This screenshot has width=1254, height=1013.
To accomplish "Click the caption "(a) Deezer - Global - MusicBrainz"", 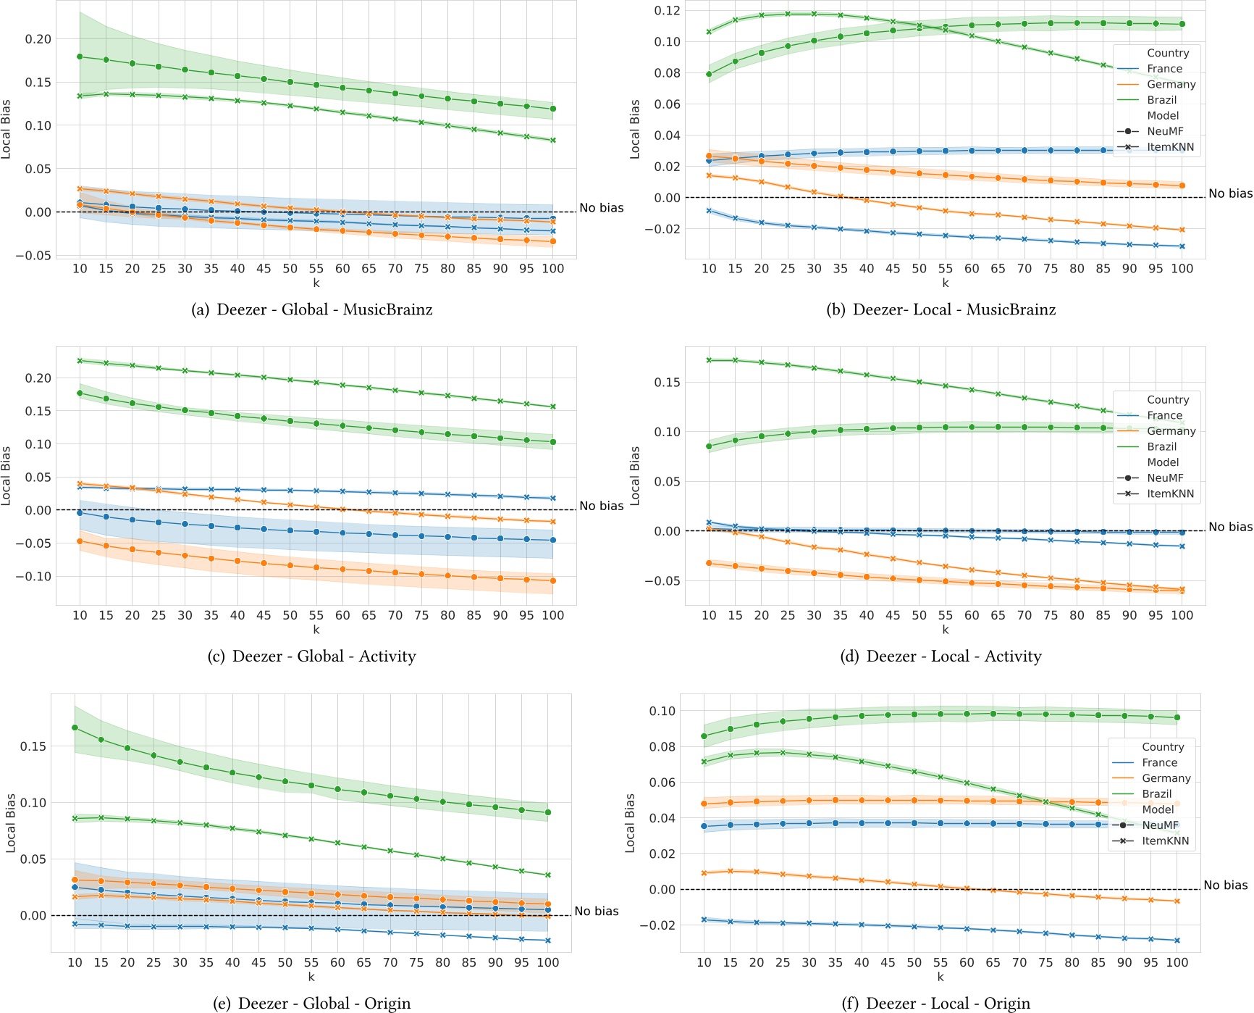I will [312, 310].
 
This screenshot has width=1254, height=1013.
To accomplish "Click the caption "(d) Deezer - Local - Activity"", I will [940, 656].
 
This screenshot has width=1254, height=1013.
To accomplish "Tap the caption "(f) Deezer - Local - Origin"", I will [936, 1004].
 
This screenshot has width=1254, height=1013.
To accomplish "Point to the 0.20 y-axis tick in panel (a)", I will [38, 39].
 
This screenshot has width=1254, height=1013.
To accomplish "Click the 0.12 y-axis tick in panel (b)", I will [668, 10].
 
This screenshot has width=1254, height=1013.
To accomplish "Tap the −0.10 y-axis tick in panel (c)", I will [35, 577].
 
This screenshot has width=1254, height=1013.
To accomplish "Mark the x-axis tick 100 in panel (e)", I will [547, 962].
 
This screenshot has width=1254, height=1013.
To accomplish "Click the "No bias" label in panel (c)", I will [601, 506].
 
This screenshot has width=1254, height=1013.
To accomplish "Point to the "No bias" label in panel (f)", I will [1225, 885].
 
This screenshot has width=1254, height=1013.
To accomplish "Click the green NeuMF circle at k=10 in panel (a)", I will [80, 57].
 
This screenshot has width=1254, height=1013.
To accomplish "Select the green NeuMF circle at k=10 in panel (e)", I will [75, 728].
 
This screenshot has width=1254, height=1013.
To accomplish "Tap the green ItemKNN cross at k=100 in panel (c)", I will [553, 407].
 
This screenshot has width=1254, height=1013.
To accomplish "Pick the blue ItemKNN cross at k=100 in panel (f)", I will [1177, 941].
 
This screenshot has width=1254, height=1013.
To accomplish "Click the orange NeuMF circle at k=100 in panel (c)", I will [553, 580].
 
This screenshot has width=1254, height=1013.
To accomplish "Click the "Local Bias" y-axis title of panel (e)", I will [11, 822].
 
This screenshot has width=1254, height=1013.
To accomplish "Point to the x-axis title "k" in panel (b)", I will [945, 283].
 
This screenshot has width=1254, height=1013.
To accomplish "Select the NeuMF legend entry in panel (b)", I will [1164, 131].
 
